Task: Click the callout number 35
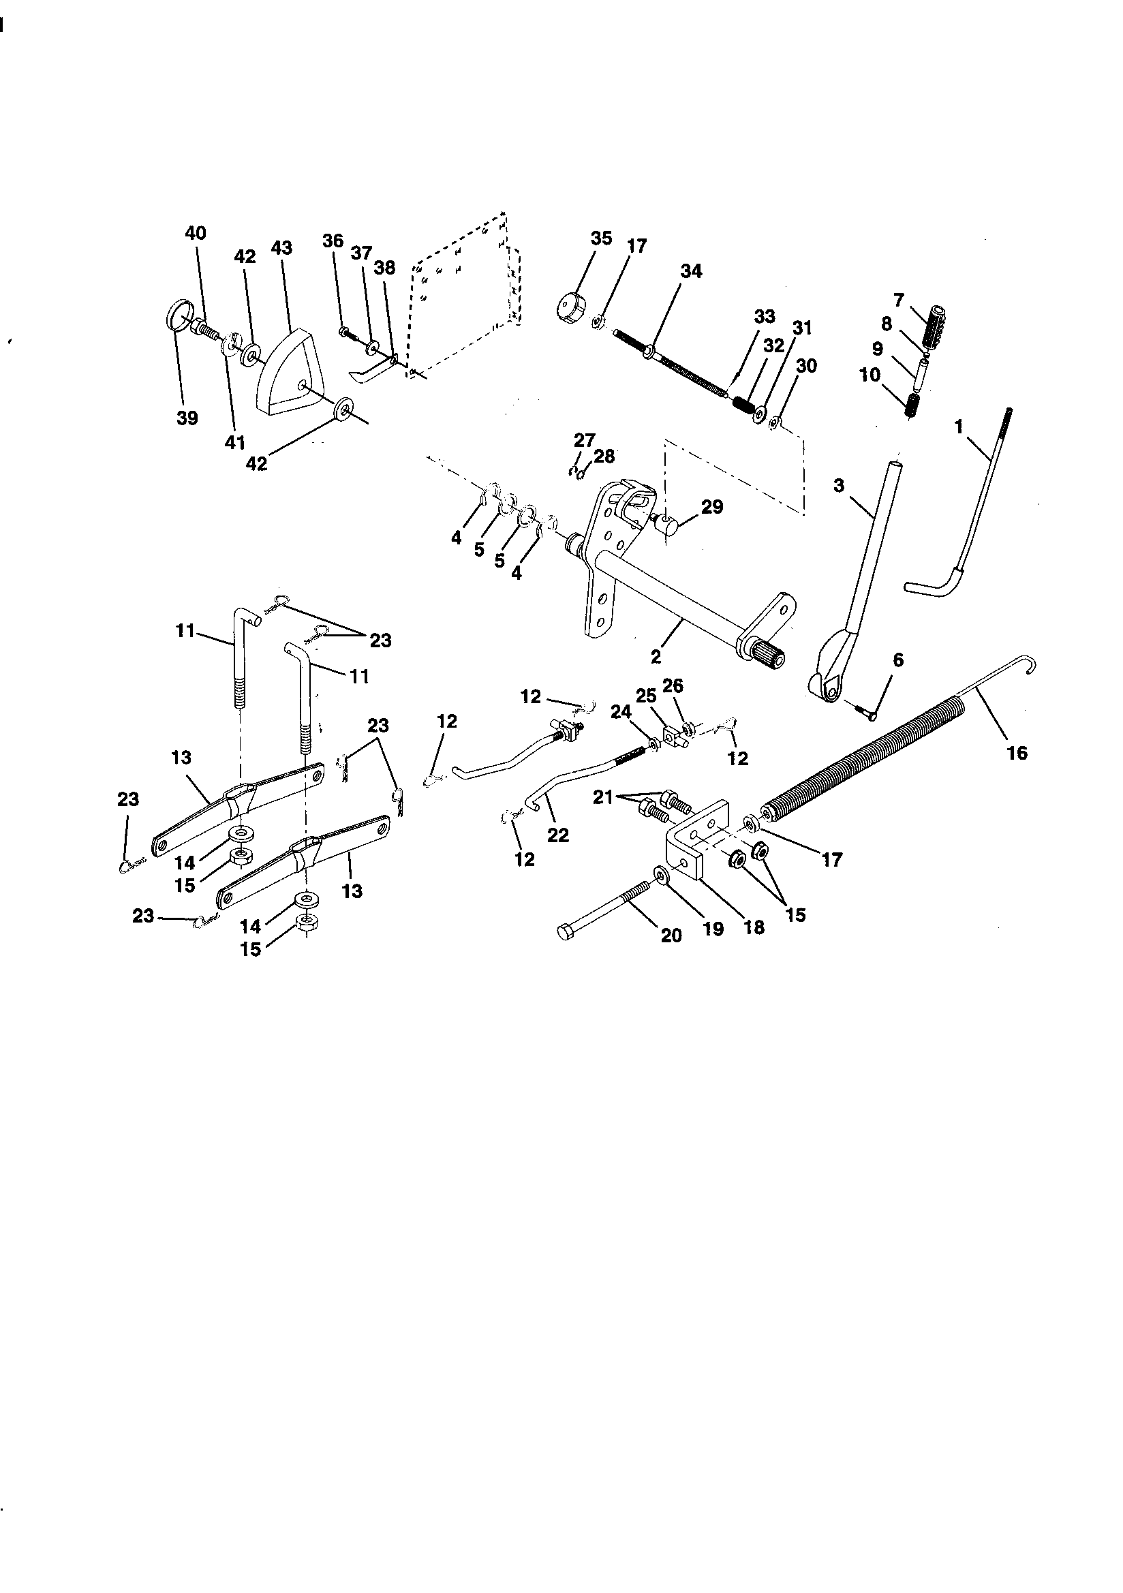click(x=601, y=238)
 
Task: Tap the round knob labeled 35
click(x=571, y=306)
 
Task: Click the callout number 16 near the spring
click(x=1016, y=752)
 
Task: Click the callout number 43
click(x=282, y=248)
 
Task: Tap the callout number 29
click(x=712, y=506)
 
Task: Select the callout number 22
click(x=557, y=835)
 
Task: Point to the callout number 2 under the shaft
click(x=656, y=654)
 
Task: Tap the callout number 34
click(x=690, y=271)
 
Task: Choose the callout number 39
click(x=187, y=418)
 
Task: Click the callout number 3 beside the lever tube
click(x=839, y=486)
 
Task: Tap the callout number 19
click(x=713, y=928)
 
